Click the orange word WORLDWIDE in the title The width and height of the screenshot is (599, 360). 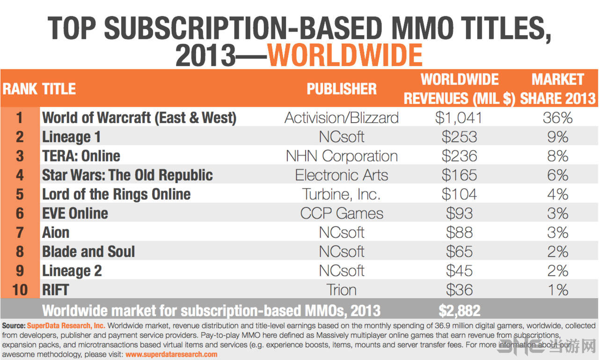[345, 55]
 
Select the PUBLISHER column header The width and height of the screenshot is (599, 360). [342, 89]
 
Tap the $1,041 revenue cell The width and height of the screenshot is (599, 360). [459, 118]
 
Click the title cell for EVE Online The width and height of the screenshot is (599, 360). [75, 213]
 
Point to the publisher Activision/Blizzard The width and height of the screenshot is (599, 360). [342, 118]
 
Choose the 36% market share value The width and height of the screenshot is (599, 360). [557, 118]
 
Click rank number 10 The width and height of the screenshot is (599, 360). [20, 290]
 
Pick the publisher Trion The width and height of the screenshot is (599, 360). [342, 290]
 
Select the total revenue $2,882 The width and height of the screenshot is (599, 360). [460, 310]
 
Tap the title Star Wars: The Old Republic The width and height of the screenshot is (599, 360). [127, 175]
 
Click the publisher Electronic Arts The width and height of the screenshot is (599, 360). [342, 175]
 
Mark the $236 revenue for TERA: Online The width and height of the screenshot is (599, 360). [459, 156]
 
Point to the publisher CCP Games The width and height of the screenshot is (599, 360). [342, 213]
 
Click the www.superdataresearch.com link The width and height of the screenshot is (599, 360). [171, 354]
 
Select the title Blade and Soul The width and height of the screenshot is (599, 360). [88, 251]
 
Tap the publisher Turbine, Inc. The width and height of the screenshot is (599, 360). [342, 194]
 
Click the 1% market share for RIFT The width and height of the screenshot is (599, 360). [557, 290]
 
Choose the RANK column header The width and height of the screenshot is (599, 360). [20, 89]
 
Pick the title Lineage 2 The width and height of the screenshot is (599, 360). [72, 271]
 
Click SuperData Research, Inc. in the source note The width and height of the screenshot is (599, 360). [66, 325]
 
